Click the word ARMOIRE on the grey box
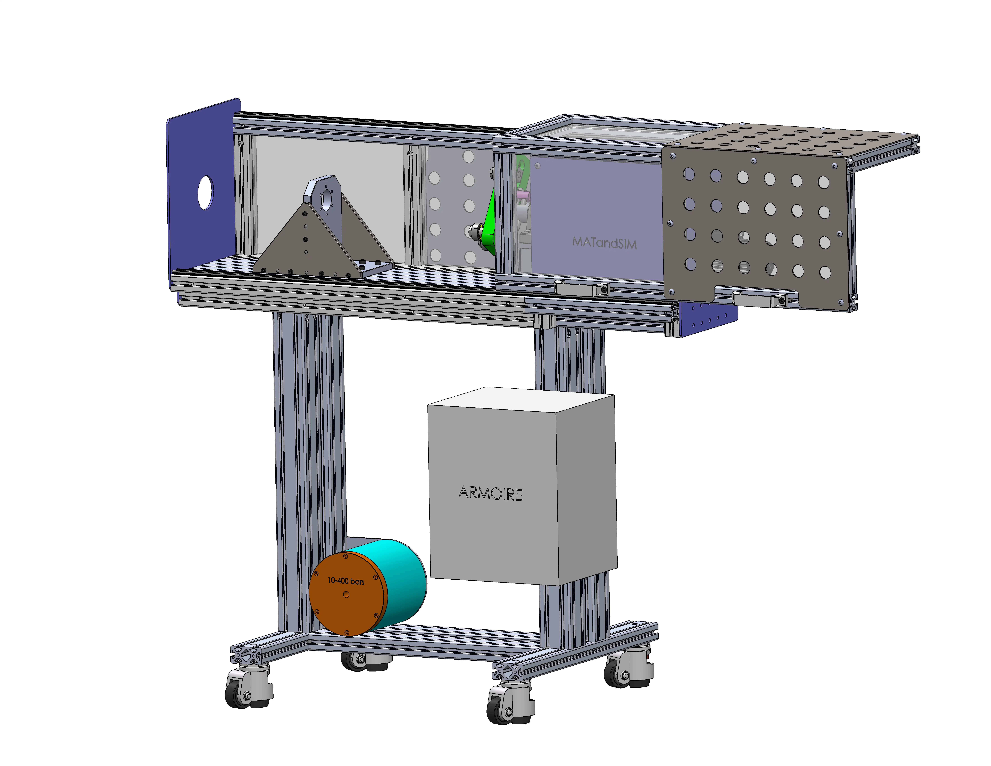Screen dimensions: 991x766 click(491, 493)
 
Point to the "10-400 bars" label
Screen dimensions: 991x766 click(346, 581)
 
